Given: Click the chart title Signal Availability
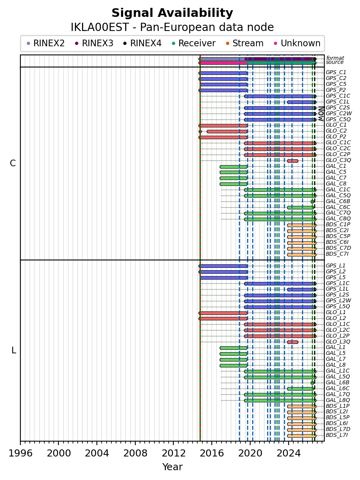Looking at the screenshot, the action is coord(172,13).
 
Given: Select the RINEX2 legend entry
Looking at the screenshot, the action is coord(45,43).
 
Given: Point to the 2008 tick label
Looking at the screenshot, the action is coord(135,453).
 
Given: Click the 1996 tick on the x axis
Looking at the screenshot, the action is coord(20,443).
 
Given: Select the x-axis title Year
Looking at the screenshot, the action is coord(172,467).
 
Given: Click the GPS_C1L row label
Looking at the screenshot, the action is coord(337,102).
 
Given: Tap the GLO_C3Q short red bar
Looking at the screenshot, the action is coord(293,161).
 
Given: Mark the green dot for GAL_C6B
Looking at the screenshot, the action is coord(312,202).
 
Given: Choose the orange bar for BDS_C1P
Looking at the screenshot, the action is coord(302,225).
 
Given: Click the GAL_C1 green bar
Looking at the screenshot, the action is coord(233,167).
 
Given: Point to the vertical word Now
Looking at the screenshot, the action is coord(321,114).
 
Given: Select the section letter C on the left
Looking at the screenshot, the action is coord(13,164).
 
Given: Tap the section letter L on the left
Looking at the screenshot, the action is coord(14,350).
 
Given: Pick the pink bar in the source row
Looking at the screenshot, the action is coord(223,63).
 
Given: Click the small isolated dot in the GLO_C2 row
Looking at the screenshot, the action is coord(200,132).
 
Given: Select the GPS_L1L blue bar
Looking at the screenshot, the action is coord(302,289).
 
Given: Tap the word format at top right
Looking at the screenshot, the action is coord(335,58).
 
